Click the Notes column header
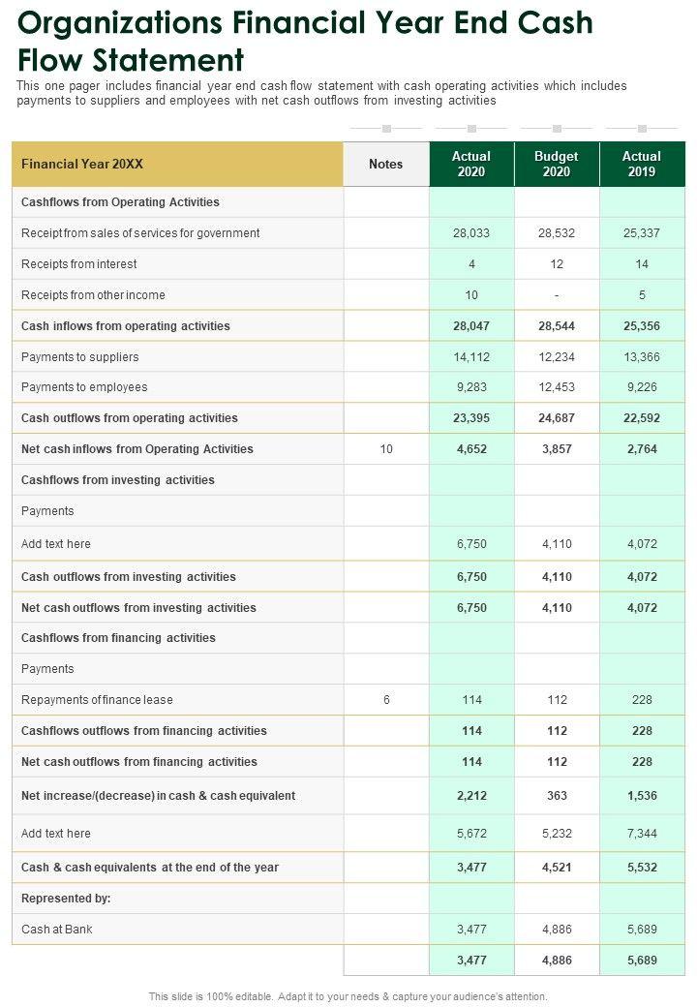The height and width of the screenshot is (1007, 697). coord(385,164)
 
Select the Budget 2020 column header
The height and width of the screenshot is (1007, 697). coord(557,164)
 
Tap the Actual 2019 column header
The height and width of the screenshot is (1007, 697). coord(642,164)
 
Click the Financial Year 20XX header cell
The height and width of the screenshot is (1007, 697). coord(82,164)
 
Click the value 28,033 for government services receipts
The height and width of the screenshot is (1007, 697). coord(471,233)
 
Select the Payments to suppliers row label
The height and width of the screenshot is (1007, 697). coord(80,357)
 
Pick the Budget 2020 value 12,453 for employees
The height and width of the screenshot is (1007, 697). coord(557,387)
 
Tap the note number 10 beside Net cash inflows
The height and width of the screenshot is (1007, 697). coord(385,449)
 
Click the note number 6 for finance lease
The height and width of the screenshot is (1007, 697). coord(385,700)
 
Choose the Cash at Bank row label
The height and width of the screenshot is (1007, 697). coord(57,930)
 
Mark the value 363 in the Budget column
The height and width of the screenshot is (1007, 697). coord(557,796)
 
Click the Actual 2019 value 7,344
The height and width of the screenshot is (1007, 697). coord(642,834)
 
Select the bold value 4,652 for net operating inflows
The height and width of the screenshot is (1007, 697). coord(471,449)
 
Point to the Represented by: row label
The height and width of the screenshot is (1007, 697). coord(66,899)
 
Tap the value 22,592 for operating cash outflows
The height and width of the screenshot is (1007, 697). coord(642,418)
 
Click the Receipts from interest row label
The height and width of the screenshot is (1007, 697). coord(79,264)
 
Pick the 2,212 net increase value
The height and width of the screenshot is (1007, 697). coord(471,796)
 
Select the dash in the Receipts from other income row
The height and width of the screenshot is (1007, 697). coord(557,295)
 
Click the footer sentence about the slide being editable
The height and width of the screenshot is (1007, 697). coord(348,996)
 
